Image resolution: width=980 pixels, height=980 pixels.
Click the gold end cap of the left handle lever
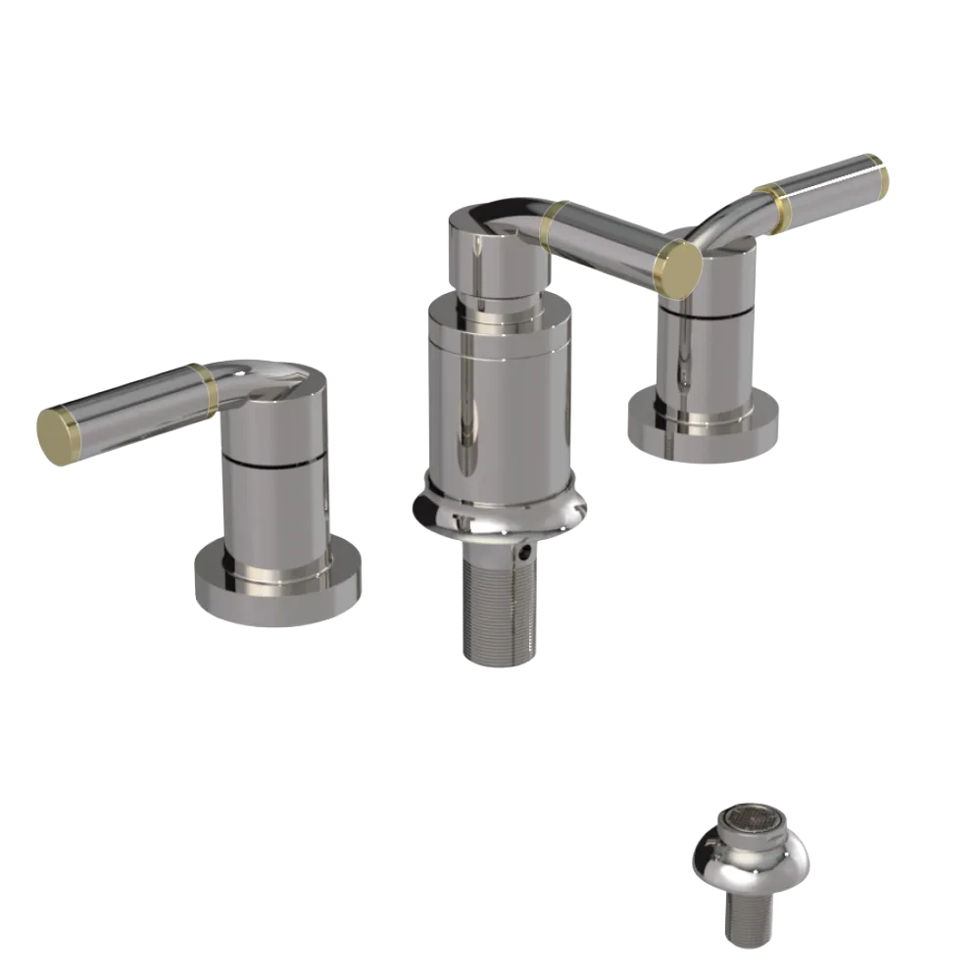pyautogui.click(x=56, y=434)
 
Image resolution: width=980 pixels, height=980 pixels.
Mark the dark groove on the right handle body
pyautogui.click(x=708, y=311)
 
